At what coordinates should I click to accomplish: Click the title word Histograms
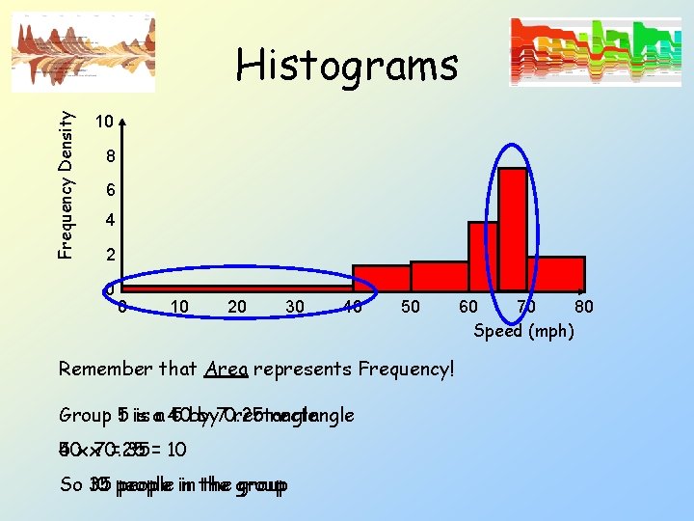pos(347,66)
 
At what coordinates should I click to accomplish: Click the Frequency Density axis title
pos(66,183)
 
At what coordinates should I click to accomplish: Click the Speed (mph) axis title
pos(523,331)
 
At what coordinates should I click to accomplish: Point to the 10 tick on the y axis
pos(104,123)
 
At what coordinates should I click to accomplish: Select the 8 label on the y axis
pos(110,156)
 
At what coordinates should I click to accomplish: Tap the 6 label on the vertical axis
pos(110,189)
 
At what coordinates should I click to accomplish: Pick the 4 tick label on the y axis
pos(110,221)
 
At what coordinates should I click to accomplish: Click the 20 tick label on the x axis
pos(236,307)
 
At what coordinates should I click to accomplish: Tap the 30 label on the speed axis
pos(295,307)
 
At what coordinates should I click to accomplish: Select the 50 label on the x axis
pos(411,307)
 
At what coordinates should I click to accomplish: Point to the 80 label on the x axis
pos(583,308)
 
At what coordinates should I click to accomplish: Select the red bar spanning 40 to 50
pos(381,277)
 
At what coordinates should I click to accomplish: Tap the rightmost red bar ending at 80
pos(555,273)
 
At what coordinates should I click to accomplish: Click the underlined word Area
pos(227,369)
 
